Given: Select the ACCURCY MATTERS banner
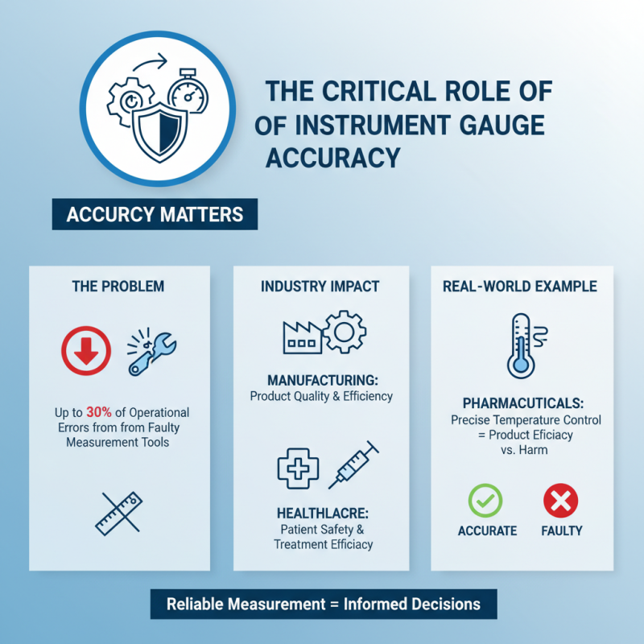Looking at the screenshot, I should click(x=155, y=216).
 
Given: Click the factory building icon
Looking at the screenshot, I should click(x=302, y=332).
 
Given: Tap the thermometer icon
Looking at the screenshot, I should click(x=522, y=346).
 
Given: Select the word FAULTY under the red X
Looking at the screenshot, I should click(x=561, y=530).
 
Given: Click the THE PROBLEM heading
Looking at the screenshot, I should click(x=118, y=286).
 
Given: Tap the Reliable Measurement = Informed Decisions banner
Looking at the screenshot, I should click(x=323, y=604).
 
